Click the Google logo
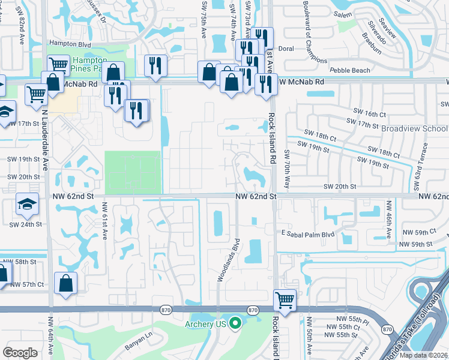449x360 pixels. click(20, 352)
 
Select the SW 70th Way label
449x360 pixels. click(286, 171)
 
